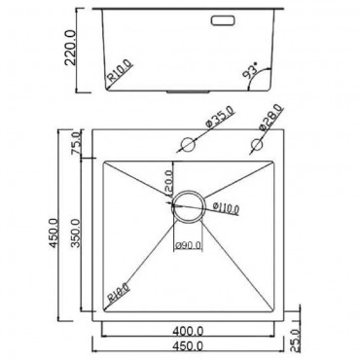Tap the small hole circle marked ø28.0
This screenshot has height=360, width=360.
coord(258,144)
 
